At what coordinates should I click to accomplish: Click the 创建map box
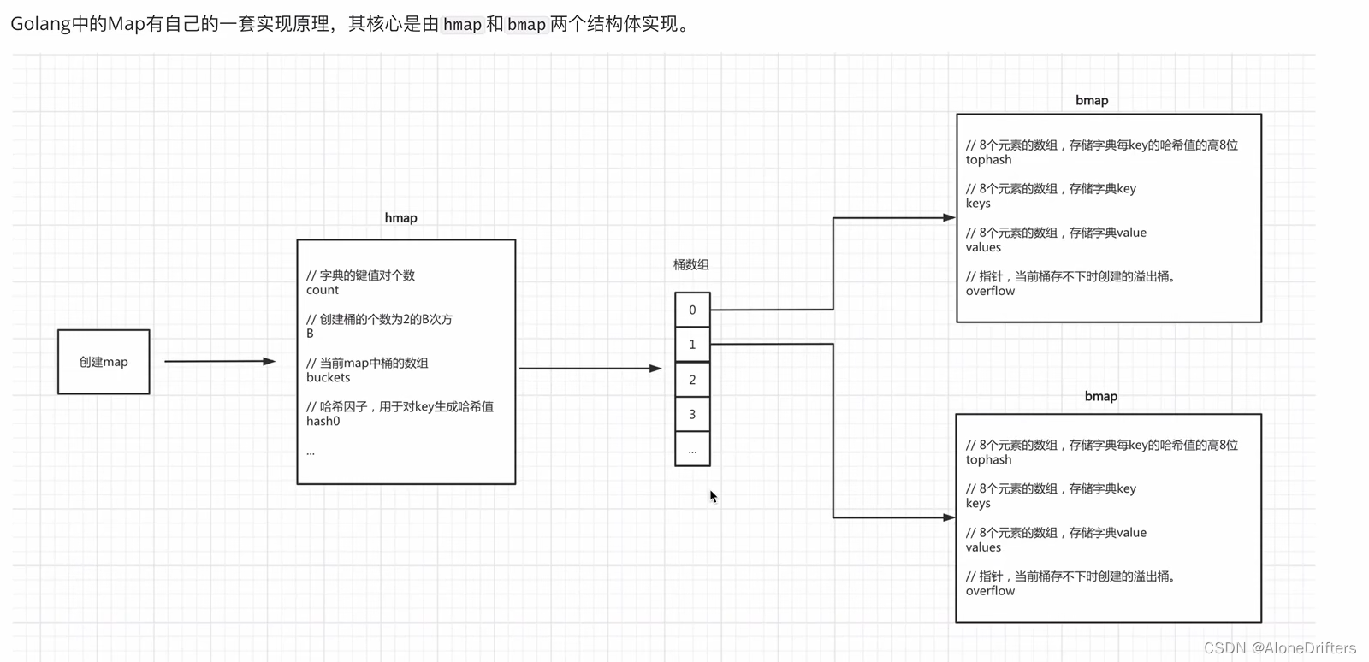coord(104,362)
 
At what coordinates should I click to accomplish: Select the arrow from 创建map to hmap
coord(219,362)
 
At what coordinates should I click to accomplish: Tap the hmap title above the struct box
coord(400,218)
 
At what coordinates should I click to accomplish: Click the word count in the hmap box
coord(323,290)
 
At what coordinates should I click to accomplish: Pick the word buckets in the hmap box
coord(329,377)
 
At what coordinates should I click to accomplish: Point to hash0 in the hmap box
coord(323,421)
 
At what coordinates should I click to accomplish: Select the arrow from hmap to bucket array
coord(590,369)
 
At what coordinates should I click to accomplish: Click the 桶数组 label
coord(690,265)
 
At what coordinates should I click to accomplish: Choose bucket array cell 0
coord(692,310)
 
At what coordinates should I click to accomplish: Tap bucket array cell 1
coord(692,345)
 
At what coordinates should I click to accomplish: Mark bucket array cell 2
coord(692,380)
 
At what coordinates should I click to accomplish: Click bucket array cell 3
coord(692,414)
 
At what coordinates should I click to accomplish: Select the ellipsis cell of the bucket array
coord(692,449)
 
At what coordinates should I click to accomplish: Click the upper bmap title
coord(1092,100)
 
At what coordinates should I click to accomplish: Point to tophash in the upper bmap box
coord(988,160)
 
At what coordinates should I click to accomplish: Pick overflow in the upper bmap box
coord(990,291)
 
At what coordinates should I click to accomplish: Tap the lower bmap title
coord(1101,396)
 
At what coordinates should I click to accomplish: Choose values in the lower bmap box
coord(983,547)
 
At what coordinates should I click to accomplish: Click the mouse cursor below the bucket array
coord(714,496)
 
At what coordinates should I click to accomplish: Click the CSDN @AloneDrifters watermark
coord(1279,647)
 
